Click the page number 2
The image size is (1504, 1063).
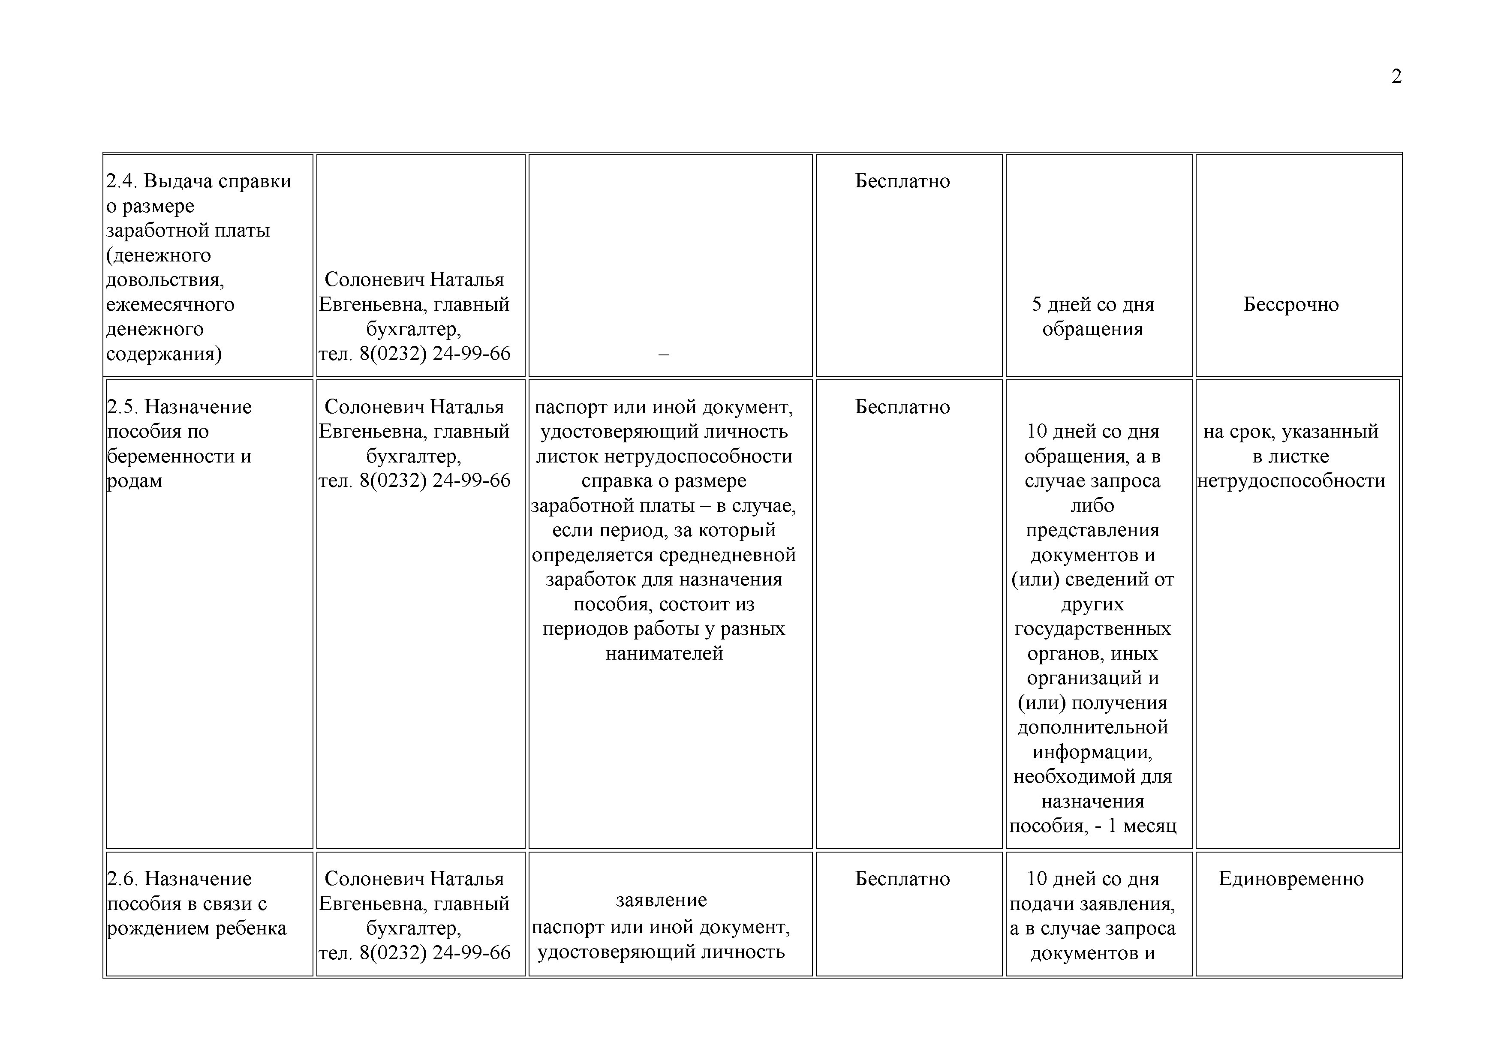pyautogui.click(x=1396, y=77)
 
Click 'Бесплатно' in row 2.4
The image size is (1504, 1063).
pyautogui.click(x=902, y=181)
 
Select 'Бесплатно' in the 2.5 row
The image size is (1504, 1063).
pyautogui.click(x=902, y=407)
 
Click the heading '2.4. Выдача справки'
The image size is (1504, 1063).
pyautogui.click(x=199, y=181)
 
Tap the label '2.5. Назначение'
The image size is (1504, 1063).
pyautogui.click(x=179, y=407)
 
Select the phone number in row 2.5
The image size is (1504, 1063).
pyautogui.click(x=415, y=481)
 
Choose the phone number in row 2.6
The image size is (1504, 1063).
pyautogui.click(x=415, y=953)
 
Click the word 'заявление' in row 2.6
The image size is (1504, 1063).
pyautogui.click(x=661, y=901)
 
